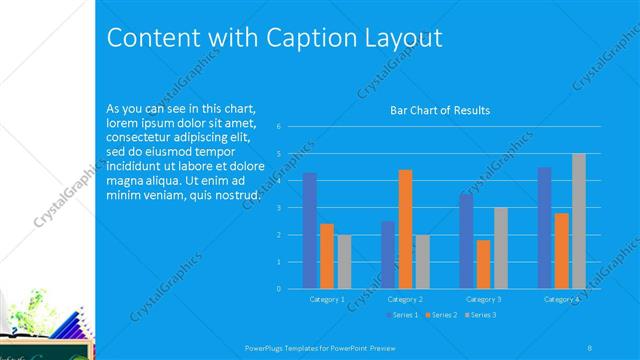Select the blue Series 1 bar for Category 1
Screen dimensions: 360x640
(310, 230)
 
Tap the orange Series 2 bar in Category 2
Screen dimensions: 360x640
(405, 229)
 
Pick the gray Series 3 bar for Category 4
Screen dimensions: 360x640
(578, 221)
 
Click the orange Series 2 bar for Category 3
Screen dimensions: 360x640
(483, 264)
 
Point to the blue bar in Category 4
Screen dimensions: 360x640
(544, 228)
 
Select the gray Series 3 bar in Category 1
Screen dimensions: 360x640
(344, 262)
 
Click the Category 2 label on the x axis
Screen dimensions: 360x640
(405, 299)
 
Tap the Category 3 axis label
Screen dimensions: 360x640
(483, 299)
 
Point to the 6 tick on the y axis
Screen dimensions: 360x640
(278, 126)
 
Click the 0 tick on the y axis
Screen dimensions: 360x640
(278, 289)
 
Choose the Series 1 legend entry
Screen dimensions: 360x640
(402, 315)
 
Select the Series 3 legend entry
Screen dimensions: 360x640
(480, 315)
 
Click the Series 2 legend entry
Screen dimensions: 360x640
(441, 315)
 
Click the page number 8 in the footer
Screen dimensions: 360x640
(589, 347)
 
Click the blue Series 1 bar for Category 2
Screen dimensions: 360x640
(388, 255)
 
